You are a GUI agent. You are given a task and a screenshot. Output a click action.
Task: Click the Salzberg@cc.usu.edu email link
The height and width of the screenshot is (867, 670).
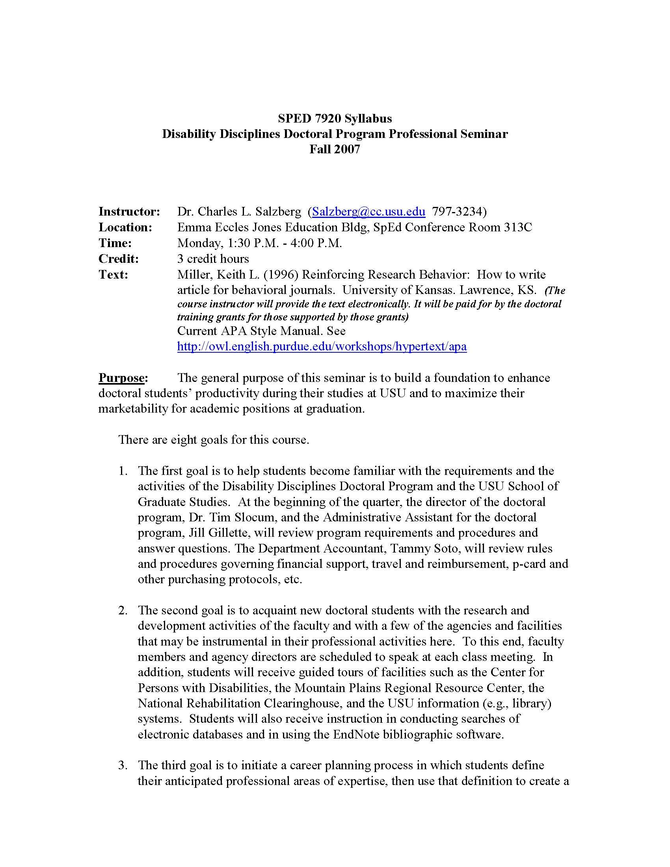coord(368,212)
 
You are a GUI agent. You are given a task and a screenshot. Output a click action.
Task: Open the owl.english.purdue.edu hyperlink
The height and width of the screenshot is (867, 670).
coord(322,346)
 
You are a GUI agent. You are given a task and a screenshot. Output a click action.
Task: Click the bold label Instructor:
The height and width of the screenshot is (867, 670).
coord(129,212)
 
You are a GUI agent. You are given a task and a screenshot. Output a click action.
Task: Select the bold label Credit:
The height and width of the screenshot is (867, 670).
coord(119,259)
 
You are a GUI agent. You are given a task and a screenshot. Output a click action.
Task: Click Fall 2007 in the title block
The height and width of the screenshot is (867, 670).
coord(335,149)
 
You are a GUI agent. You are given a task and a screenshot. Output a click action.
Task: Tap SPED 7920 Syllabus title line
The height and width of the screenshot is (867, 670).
coord(335,118)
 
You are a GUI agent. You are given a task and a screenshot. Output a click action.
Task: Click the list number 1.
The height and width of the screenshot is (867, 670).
coord(123,471)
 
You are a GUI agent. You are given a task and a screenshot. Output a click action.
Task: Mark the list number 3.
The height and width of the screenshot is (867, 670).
coord(123,765)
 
